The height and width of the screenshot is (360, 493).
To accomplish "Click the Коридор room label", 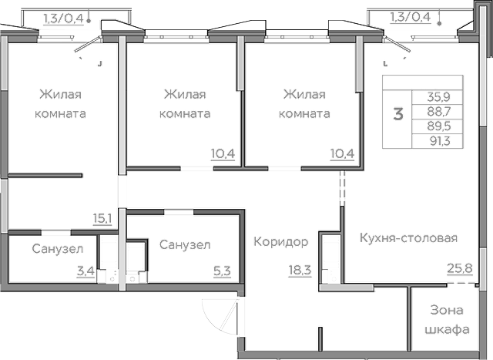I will (x=280, y=242).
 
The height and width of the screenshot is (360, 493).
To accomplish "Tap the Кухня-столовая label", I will (x=408, y=237).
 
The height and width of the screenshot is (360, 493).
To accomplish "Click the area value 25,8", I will (x=460, y=269).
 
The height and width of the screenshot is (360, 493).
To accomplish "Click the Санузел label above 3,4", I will (x=53, y=249).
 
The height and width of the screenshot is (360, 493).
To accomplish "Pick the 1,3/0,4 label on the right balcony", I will (x=410, y=16).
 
